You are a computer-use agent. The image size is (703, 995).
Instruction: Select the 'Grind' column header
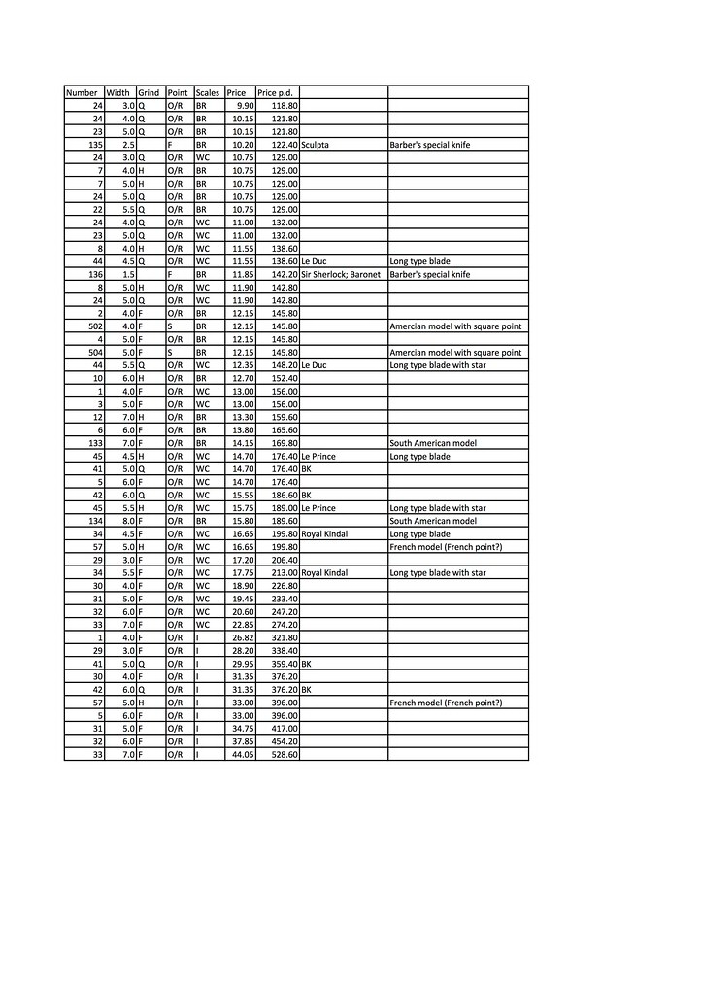tap(149, 92)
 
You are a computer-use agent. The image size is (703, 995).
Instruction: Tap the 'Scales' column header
tap(208, 92)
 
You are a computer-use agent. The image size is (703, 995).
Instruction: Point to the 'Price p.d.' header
tap(275, 92)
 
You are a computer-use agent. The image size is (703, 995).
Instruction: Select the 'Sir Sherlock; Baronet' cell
tap(341, 274)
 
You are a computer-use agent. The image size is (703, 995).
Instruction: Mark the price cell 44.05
tap(242, 754)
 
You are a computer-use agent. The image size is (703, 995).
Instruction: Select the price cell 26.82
tap(242, 636)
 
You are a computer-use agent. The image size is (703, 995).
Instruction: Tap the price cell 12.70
tap(242, 377)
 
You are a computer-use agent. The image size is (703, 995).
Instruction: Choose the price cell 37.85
tap(242, 740)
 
